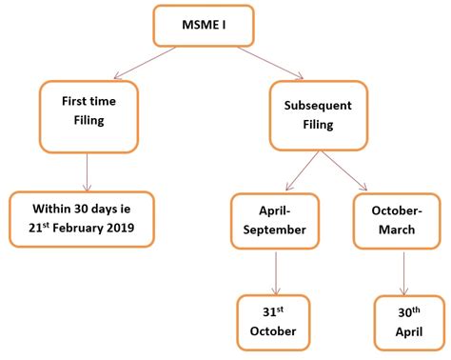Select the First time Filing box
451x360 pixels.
pos(88,114)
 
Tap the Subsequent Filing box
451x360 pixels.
pos(318,114)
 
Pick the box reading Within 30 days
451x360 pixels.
pos(82,219)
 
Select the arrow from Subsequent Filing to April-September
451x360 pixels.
pos(295,171)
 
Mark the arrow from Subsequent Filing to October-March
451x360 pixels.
pos(346,171)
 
